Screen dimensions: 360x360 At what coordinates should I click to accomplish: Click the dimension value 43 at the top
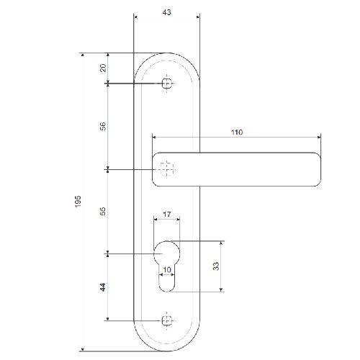click(167, 12)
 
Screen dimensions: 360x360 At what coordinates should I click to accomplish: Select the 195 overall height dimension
click(78, 202)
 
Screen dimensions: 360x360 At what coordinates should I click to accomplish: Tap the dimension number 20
click(103, 68)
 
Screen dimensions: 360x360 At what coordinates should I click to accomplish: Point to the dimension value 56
click(103, 126)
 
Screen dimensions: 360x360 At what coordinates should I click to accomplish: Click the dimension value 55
click(103, 211)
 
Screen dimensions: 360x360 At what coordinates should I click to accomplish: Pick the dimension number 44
click(103, 287)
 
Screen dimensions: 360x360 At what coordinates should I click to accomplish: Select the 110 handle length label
click(237, 132)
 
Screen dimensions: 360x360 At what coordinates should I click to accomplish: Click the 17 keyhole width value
click(167, 214)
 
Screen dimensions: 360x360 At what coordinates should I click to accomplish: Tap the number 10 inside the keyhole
click(167, 269)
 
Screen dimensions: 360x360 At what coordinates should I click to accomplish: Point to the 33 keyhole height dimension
click(216, 266)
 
